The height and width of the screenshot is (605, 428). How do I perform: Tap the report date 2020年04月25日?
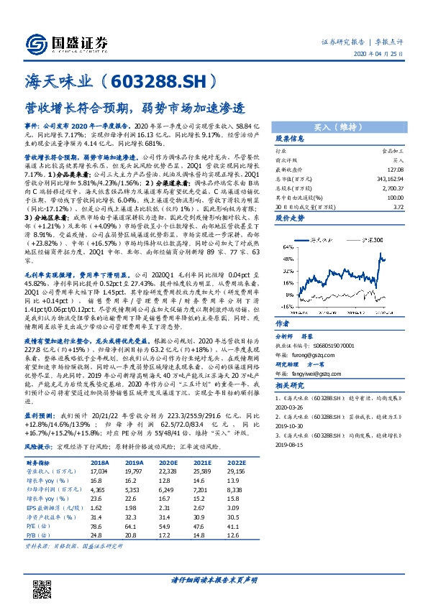[x=383, y=55]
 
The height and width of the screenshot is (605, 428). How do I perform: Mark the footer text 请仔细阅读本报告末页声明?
[x=214, y=578]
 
